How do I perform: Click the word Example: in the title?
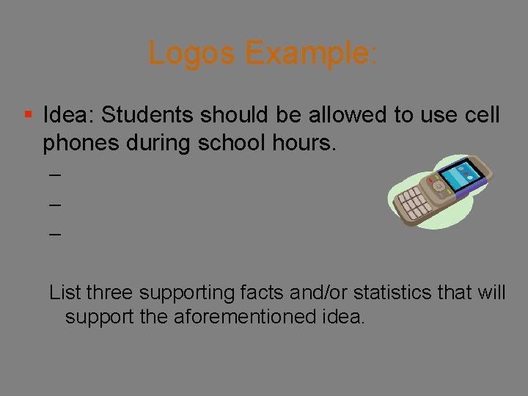(x=312, y=54)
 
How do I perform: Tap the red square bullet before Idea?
(x=27, y=114)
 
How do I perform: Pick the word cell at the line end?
(x=480, y=115)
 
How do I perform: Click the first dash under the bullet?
(x=54, y=176)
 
